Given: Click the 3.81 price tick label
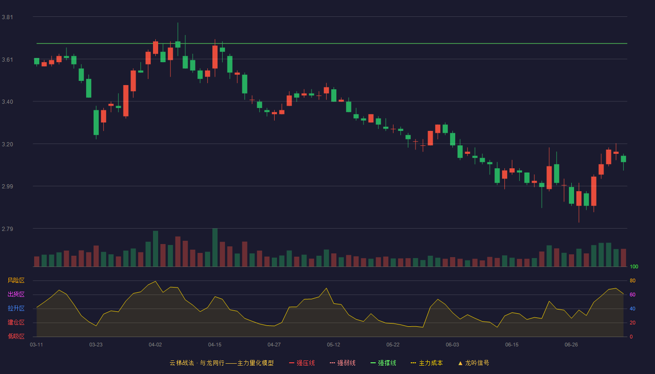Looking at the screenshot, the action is tap(7, 17).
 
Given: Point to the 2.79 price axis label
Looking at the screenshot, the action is tap(7, 229).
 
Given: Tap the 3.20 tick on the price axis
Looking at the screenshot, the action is tap(7, 144).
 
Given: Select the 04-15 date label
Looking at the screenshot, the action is tap(215, 345).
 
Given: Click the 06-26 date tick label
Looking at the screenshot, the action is tap(571, 345).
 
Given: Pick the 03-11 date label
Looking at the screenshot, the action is tap(36, 345).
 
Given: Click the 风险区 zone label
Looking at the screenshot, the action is tap(16, 280).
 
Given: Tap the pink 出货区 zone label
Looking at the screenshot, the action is tap(16, 294).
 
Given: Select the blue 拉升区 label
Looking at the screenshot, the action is tap(16, 308).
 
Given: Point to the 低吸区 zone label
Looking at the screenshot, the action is tap(16, 336).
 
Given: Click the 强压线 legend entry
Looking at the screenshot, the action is tap(302, 363).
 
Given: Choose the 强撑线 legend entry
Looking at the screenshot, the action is tap(383, 363).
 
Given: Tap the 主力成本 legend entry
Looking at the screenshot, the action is tap(427, 363).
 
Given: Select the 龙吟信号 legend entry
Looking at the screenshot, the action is tap(473, 363).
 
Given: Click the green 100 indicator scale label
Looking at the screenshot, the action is tap(634, 266).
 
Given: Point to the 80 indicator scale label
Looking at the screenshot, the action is tap(633, 280).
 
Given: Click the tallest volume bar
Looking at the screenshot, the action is tap(215, 247).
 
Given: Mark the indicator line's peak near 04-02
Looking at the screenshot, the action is tap(155, 281).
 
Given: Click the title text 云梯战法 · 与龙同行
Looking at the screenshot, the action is tap(197, 363).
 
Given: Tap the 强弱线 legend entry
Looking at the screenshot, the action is tap(342, 363).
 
